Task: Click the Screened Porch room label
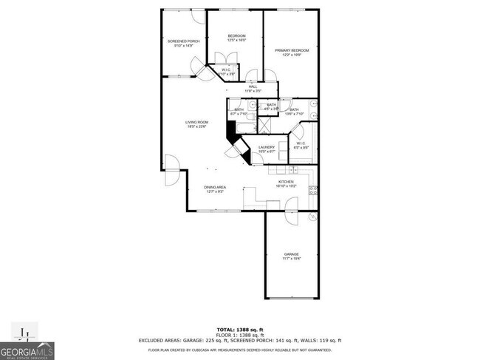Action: (183, 41)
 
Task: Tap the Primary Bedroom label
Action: (292, 50)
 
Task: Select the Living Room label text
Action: (196, 122)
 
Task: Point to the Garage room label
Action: (292, 254)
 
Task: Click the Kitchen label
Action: (287, 182)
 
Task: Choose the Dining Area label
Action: (215, 188)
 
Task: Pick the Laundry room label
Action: (267, 147)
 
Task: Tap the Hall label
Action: (253, 86)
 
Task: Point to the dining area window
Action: (214, 211)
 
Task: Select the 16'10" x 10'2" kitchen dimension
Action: (287, 186)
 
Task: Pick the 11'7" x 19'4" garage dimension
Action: (292, 259)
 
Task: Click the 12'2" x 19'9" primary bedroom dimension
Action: (292, 55)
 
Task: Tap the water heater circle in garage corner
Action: (312, 217)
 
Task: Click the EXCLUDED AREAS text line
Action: (239, 340)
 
